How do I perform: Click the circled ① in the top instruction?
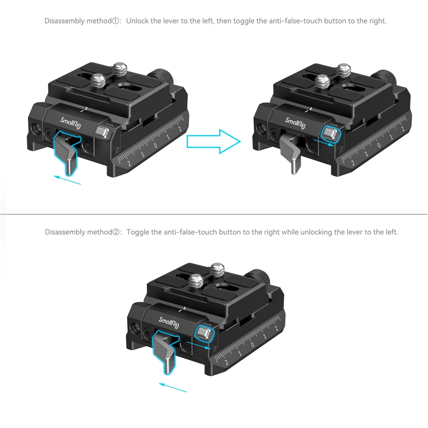(x=116, y=21)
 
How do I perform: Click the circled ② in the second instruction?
(x=117, y=232)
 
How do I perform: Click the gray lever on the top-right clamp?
(x=291, y=154)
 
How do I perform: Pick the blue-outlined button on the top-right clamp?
(x=330, y=134)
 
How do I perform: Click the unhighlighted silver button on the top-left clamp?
(x=101, y=132)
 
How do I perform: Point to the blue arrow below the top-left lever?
(x=68, y=179)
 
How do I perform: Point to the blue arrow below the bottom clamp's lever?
(x=173, y=387)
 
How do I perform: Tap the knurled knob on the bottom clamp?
(x=262, y=277)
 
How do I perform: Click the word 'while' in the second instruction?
(x=290, y=232)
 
